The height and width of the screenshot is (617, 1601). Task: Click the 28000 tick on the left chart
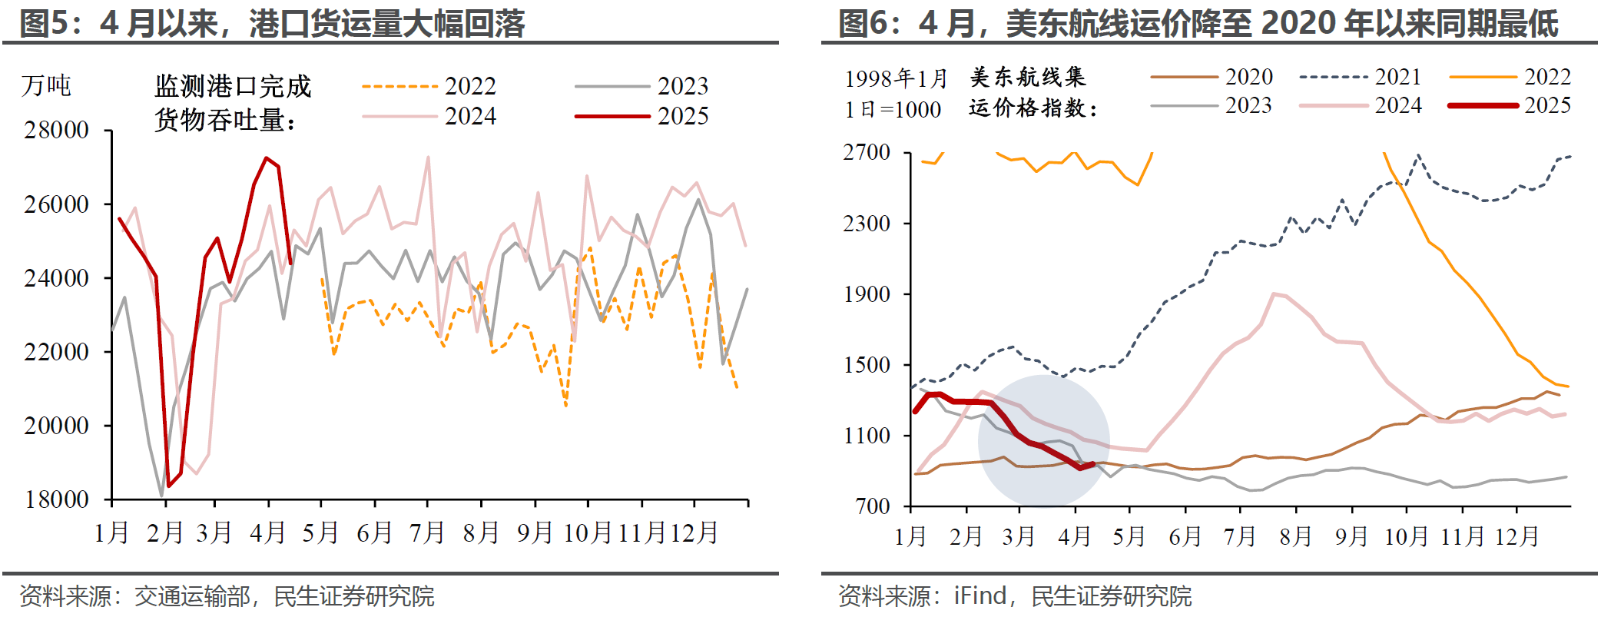(x=56, y=130)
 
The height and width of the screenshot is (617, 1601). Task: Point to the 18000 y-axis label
(x=56, y=499)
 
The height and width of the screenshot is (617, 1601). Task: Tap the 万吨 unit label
(x=46, y=85)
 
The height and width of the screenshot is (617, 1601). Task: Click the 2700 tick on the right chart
(x=867, y=152)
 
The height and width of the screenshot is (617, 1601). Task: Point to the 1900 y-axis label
(x=867, y=294)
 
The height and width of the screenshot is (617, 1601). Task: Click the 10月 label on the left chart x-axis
(x=588, y=532)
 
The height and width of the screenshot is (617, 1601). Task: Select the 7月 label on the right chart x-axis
(x=1240, y=536)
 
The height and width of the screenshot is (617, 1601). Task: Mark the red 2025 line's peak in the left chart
(x=266, y=158)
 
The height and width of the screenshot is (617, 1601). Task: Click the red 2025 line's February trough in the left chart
(x=169, y=486)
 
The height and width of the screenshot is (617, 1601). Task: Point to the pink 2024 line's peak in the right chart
(x=1274, y=294)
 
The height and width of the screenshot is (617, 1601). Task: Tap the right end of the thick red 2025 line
(x=1092, y=464)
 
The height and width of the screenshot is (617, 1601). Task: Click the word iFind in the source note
(x=979, y=596)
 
